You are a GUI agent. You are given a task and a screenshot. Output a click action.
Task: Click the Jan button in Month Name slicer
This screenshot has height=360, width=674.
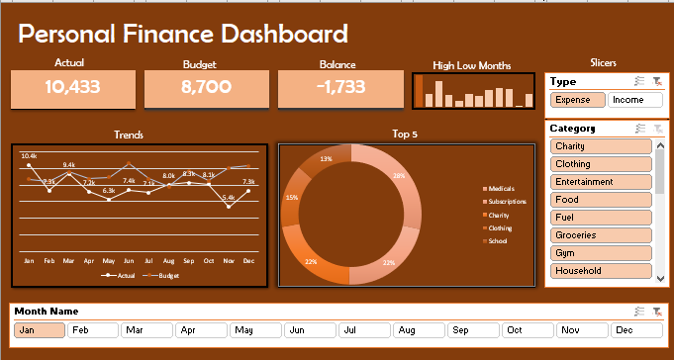pyautogui.click(x=40, y=330)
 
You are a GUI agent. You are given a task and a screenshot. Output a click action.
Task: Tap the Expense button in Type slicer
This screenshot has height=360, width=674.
pyautogui.click(x=577, y=100)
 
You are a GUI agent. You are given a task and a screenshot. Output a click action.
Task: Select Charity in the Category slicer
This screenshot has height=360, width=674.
pyautogui.click(x=600, y=146)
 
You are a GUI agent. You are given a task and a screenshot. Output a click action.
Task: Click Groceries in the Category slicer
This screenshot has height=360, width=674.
pyautogui.click(x=600, y=235)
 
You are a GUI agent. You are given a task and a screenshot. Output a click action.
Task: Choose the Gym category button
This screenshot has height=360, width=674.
pyautogui.click(x=600, y=253)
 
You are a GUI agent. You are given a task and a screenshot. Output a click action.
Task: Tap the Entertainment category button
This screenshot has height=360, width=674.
pyautogui.click(x=600, y=182)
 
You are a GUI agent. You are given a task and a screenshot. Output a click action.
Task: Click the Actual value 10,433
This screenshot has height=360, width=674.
pyautogui.click(x=72, y=87)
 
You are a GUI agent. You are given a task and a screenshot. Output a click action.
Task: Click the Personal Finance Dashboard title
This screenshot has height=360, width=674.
pyautogui.click(x=183, y=35)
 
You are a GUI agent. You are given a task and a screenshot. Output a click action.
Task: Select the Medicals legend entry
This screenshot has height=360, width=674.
pyautogui.click(x=502, y=188)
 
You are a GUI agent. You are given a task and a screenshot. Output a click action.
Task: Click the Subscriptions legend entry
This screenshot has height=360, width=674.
pyautogui.click(x=507, y=201)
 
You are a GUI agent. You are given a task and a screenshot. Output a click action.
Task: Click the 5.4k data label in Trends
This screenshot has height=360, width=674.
pyautogui.click(x=229, y=198)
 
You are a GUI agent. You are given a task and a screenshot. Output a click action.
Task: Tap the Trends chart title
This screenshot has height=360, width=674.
pyautogui.click(x=129, y=135)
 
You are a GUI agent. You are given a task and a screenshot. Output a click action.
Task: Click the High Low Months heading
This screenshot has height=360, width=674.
pyautogui.click(x=472, y=66)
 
